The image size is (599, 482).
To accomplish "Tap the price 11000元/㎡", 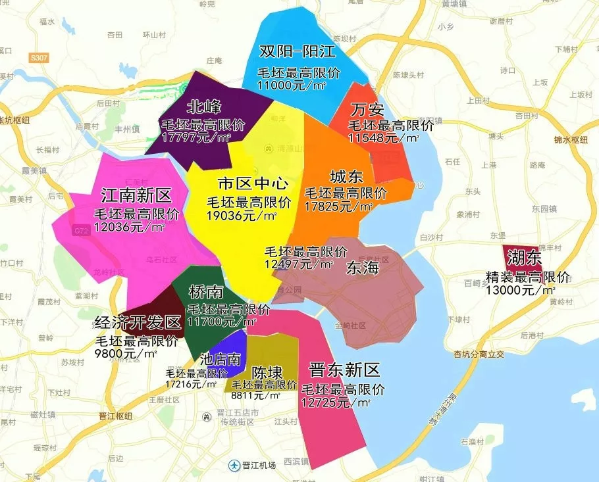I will click(292, 85).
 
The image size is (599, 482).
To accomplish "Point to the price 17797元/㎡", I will click(196, 137).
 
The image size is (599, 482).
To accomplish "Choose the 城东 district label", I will click(346, 177).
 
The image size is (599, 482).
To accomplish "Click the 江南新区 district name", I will click(136, 196).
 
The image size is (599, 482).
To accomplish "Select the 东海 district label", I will click(361, 268).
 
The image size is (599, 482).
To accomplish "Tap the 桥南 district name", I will click(204, 292).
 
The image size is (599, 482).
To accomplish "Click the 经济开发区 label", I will click(138, 324).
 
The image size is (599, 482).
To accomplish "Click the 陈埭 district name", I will click(267, 372).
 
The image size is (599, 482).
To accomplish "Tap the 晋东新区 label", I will click(344, 369).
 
